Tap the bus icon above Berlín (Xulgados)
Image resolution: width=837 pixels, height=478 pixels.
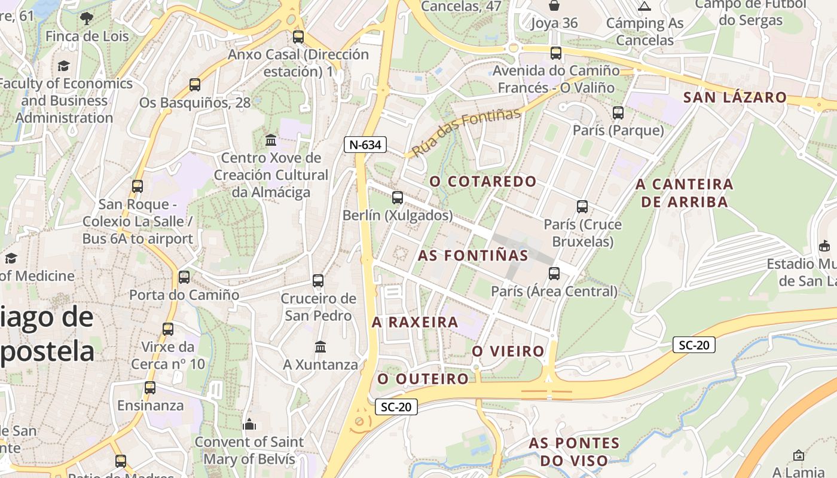pyautogui.click(x=398, y=197)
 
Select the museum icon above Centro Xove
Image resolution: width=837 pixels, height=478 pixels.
pyautogui.click(x=271, y=140)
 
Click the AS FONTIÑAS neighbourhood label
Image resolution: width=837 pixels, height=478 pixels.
pyautogui.click(x=473, y=256)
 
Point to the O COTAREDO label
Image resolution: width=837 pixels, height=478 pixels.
pyautogui.click(x=483, y=181)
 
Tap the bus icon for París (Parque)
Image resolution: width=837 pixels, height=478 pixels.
pyautogui.click(x=618, y=112)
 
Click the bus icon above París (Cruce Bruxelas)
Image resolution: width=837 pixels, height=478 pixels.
pyautogui.click(x=582, y=207)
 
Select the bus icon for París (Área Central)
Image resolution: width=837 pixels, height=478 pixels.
pyautogui.click(x=554, y=274)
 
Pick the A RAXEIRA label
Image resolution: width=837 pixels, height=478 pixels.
pyautogui.click(x=415, y=322)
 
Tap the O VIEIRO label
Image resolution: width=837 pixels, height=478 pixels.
pyautogui.click(x=508, y=351)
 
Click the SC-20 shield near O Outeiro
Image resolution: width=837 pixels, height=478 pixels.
pyautogui.click(x=396, y=407)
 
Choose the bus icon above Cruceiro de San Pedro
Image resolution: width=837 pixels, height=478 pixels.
pyautogui.click(x=318, y=281)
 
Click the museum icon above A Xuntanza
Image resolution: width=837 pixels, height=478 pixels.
pyautogui.click(x=320, y=347)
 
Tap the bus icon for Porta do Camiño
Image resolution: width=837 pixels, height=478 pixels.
pyautogui.click(x=184, y=277)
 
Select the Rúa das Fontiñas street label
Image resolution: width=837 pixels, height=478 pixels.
pyautogui.click(x=466, y=132)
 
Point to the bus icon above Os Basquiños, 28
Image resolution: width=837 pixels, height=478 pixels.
pyautogui.click(x=195, y=85)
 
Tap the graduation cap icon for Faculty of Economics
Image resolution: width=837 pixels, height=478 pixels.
pyautogui.click(x=64, y=66)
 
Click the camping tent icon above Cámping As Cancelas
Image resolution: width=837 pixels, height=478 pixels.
pyautogui.click(x=644, y=7)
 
